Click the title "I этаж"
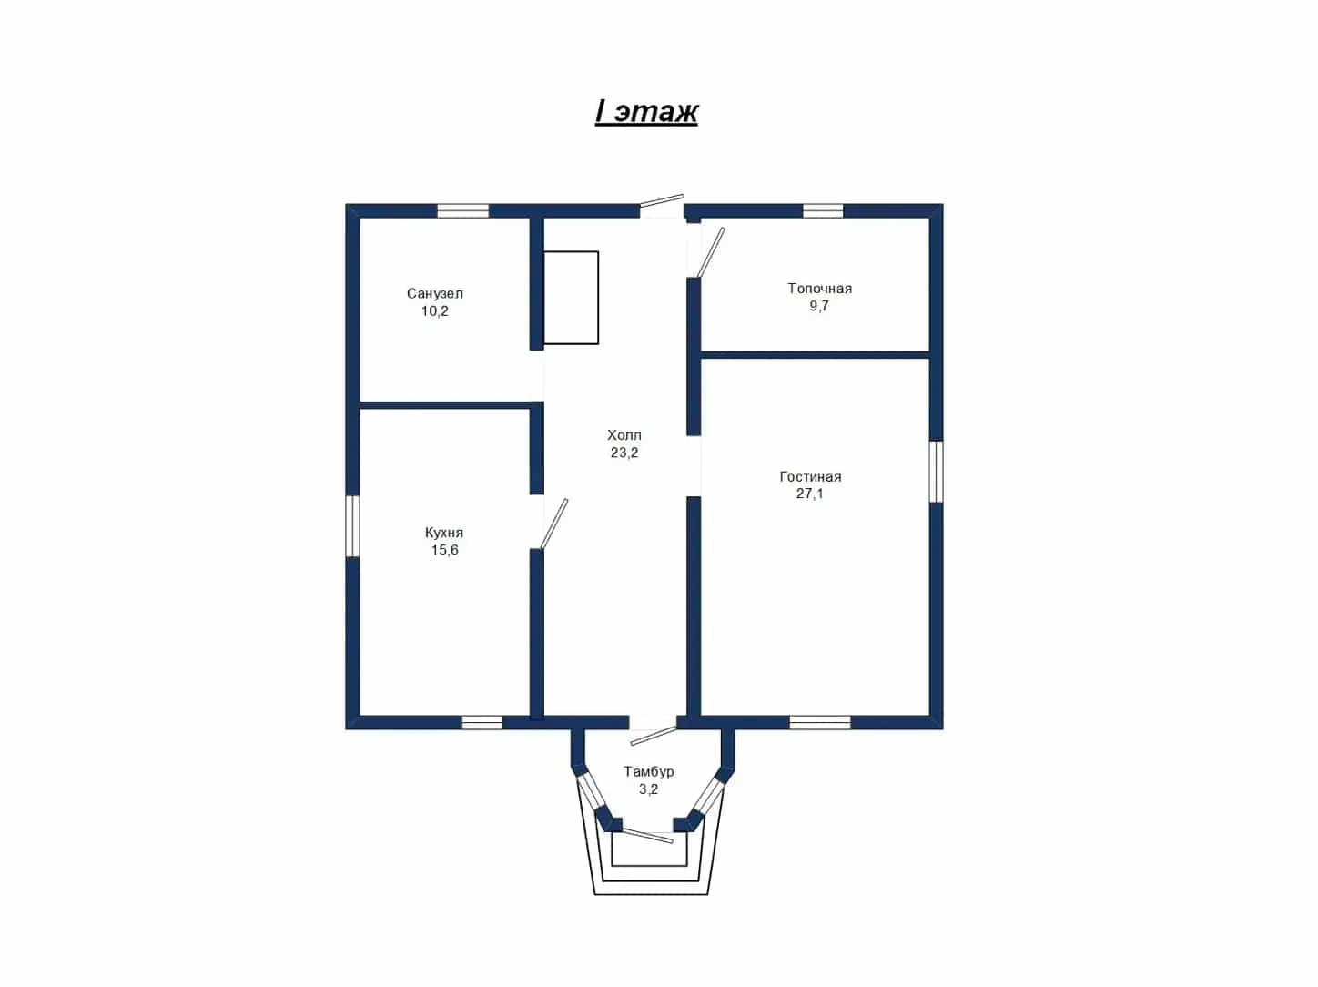pyautogui.click(x=646, y=112)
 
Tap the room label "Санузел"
pyautogui.click(x=435, y=293)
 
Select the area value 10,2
pyautogui.click(x=435, y=311)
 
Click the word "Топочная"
pyautogui.click(x=819, y=288)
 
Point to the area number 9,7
pyautogui.click(x=819, y=306)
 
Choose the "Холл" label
pyautogui.click(x=624, y=434)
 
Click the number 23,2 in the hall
pyautogui.click(x=624, y=453)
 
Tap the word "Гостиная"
pyautogui.click(x=811, y=477)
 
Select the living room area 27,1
pyautogui.click(x=810, y=493)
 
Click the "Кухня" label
pyautogui.click(x=444, y=533)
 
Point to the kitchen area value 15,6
pyautogui.click(x=444, y=550)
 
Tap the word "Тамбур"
pyautogui.click(x=648, y=771)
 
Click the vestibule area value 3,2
pyautogui.click(x=648, y=789)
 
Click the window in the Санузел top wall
pyautogui.click(x=462, y=210)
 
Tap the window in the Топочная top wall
pyautogui.click(x=823, y=210)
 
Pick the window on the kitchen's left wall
pyautogui.click(x=352, y=526)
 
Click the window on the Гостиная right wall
pyautogui.click(x=936, y=472)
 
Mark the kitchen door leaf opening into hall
pyautogui.click(x=554, y=524)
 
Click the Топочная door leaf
pyautogui.click(x=710, y=253)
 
